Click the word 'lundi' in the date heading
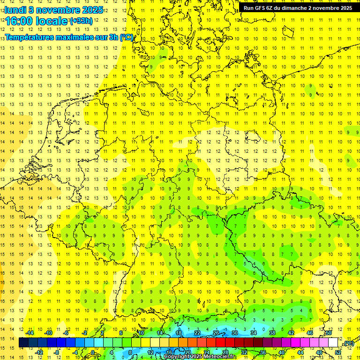click(x=15, y=10)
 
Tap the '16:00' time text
click(x=19, y=21)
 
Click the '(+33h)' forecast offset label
click(x=81, y=21)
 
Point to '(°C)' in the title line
click(x=127, y=37)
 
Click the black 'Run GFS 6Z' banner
click(x=298, y=8)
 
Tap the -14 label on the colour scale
click(x=30, y=333)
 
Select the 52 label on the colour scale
click(x=338, y=352)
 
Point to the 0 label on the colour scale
click(x=92, y=352)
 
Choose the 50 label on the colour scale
click(x=329, y=333)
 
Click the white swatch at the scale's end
click(x=333, y=343)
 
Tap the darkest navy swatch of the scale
click(x=23, y=343)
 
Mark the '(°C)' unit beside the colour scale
click(x=348, y=344)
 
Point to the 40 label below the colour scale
click(x=281, y=352)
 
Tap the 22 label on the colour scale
click(x=197, y=333)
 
